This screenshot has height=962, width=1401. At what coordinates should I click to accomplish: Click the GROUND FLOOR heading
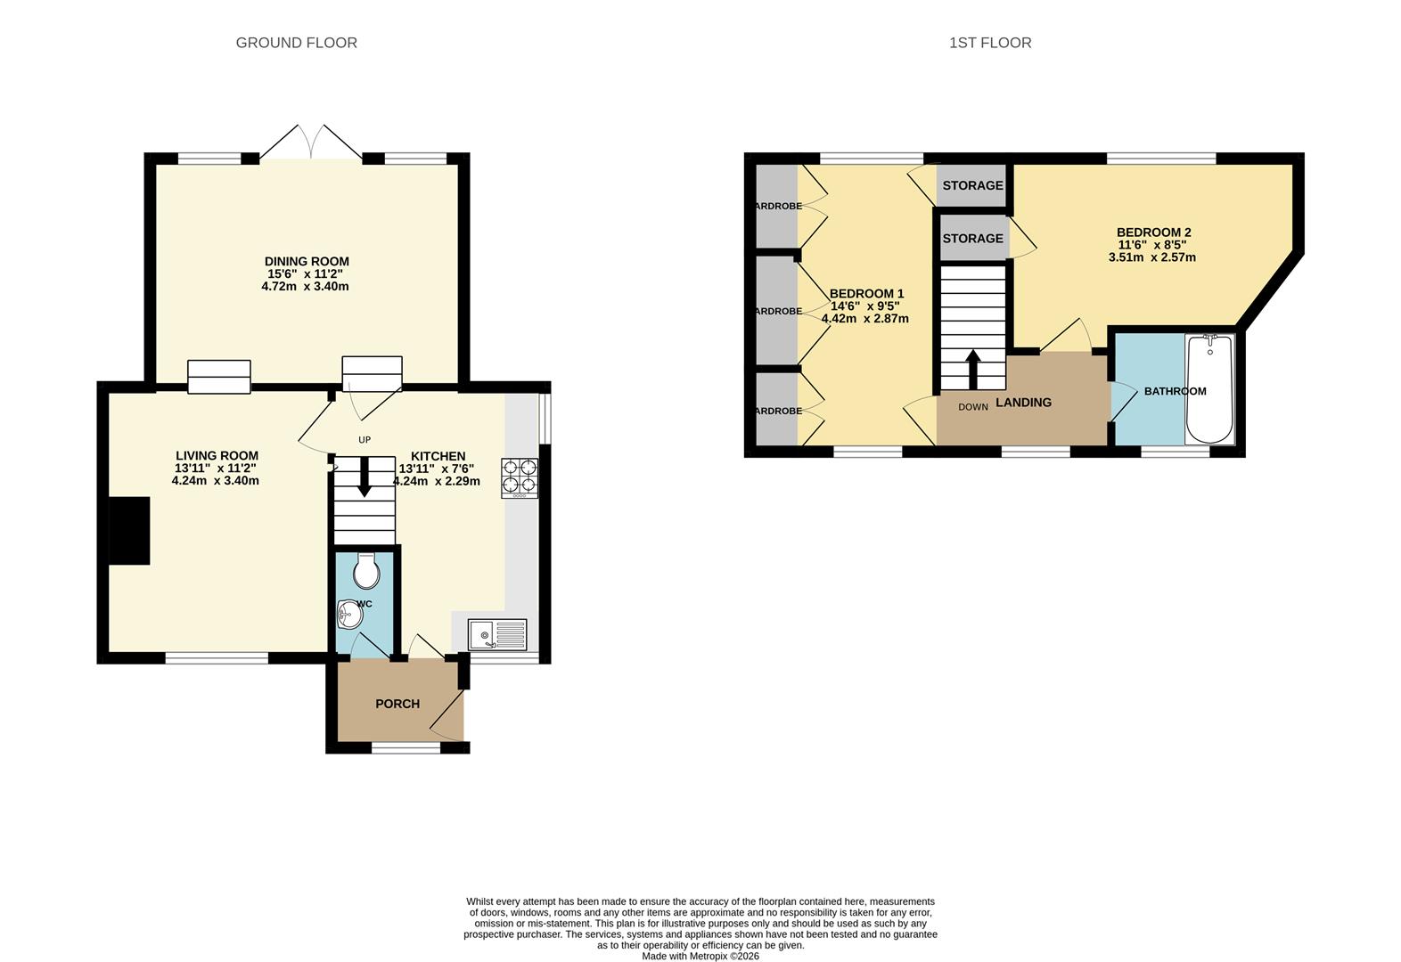click(x=296, y=43)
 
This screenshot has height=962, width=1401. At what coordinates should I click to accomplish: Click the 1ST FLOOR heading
click(x=989, y=43)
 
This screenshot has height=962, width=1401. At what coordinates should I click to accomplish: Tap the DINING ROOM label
click(x=306, y=261)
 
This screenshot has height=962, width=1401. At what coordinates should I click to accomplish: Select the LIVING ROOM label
click(x=217, y=455)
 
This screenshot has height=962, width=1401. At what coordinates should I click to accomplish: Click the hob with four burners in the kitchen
click(x=520, y=476)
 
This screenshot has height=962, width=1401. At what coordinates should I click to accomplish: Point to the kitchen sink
click(x=497, y=635)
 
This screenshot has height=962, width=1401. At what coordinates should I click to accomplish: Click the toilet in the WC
click(x=366, y=572)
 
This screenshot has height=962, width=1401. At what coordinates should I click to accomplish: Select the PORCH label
click(x=397, y=704)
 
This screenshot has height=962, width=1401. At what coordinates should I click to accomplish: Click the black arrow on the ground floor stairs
click(x=364, y=481)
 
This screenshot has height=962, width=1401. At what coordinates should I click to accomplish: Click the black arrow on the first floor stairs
click(x=972, y=367)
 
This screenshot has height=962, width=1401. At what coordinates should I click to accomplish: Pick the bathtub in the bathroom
click(x=1209, y=389)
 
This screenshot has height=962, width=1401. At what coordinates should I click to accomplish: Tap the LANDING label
click(x=1023, y=403)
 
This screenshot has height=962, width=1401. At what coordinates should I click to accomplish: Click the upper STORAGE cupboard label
click(x=972, y=185)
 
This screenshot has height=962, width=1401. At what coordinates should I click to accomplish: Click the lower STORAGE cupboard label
click(x=972, y=239)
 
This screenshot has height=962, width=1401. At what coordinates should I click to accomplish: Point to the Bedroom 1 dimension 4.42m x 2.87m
click(x=864, y=318)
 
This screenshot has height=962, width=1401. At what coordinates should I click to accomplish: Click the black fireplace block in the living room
click(x=129, y=530)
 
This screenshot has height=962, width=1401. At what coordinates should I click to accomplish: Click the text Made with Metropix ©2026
click(x=700, y=956)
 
